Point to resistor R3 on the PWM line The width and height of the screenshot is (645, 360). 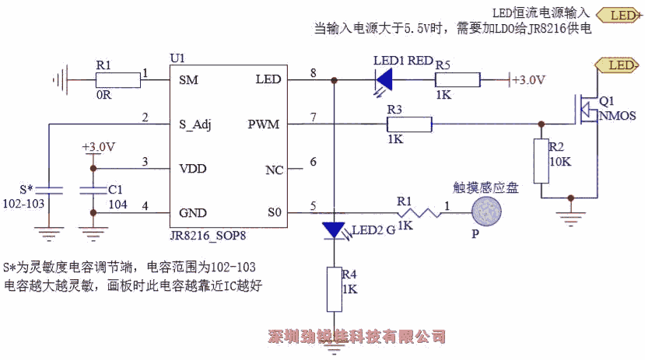click(409, 124)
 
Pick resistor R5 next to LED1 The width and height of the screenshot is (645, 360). click(458, 80)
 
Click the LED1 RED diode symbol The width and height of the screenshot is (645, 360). click(383, 79)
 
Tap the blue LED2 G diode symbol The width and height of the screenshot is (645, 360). click(334, 230)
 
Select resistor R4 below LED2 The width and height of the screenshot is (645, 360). click(334, 288)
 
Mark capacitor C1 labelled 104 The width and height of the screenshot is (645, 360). click(93, 189)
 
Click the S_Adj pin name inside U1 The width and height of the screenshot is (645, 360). click(195, 124)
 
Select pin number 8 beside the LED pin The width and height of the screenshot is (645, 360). click(313, 72)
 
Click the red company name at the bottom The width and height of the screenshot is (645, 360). click(357, 337)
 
